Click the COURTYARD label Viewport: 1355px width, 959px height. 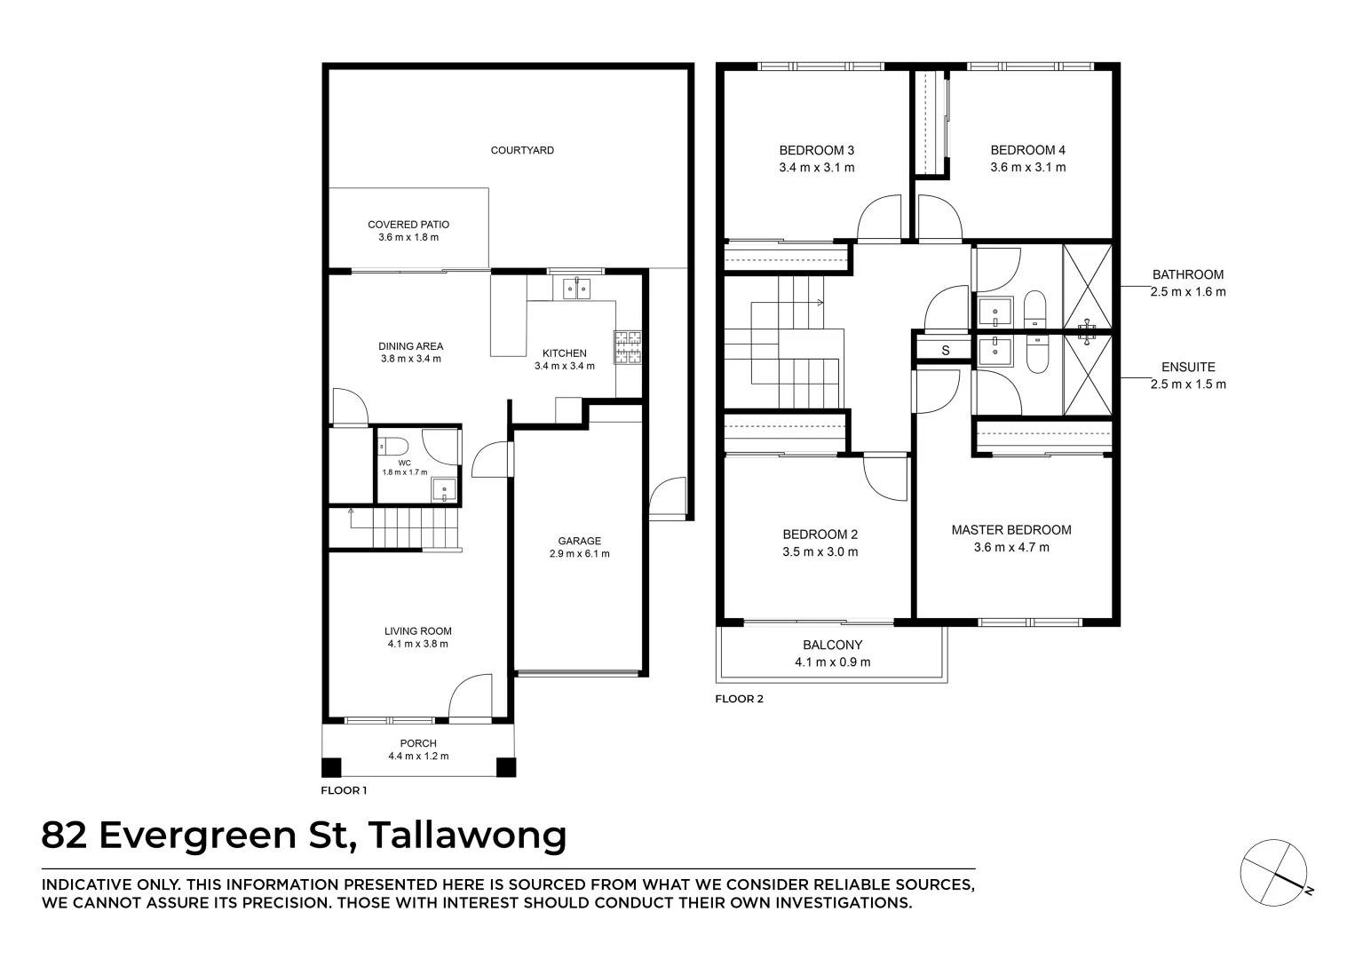point(522,150)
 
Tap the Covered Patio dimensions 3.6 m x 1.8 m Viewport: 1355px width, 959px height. point(408,238)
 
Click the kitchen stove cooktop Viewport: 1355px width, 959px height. point(628,347)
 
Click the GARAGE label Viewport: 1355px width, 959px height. point(579,541)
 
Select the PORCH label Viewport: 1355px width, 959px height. point(418,743)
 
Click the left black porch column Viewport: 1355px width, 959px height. point(330,767)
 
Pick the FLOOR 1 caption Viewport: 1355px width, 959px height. point(344,790)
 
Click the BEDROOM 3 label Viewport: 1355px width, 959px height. point(816,150)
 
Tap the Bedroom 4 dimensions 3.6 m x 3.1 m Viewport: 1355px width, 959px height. point(1027,167)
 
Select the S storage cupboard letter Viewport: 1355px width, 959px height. point(945,351)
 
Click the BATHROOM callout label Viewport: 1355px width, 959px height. point(1187,274)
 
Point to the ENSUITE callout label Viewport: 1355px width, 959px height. point(1188,367)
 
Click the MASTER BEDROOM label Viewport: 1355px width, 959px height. point(1010,530)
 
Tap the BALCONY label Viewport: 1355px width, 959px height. point(832,646)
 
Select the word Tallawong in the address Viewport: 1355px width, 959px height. point(467,836)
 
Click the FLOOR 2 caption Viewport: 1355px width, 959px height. point(739,699)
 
